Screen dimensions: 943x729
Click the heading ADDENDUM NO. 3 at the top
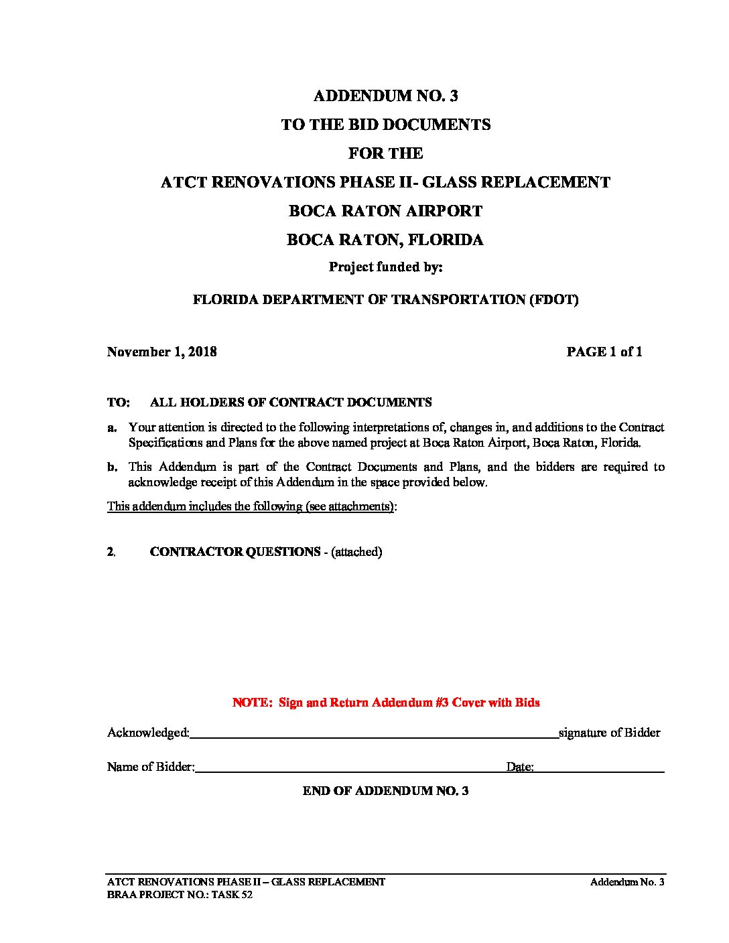[385, 96]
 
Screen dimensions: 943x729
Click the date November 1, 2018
[161, 352]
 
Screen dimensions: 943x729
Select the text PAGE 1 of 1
[604, 352]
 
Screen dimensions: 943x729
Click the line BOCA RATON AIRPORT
[385, 211]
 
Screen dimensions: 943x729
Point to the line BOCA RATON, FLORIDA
[385, 240]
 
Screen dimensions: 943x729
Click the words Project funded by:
[385, 267]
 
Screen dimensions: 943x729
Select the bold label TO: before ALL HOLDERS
[118, 403]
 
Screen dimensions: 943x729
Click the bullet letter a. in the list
[112, 427]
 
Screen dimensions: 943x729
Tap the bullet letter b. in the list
[112, 467]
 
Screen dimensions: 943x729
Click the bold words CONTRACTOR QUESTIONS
[235, 552]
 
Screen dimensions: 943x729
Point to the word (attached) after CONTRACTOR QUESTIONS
[356, 552]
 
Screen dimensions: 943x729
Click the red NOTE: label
[253, 703]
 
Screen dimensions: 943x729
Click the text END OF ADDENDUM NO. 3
[385, 791]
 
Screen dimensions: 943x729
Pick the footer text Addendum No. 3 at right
[626, 882]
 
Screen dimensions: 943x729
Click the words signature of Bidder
[610, 733]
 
